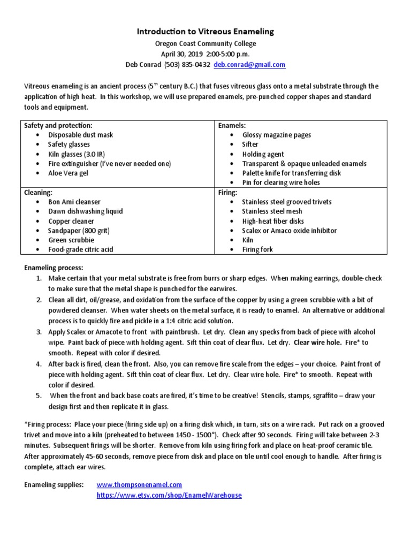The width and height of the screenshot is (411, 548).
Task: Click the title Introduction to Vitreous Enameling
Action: click(205, 32)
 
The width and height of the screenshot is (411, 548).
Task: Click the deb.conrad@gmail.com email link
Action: click(249, 65)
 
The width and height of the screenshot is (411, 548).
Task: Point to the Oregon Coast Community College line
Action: click(205, 44)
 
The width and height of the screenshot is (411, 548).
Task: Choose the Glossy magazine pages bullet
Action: click(276, 135)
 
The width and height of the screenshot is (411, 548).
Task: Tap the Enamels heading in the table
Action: click(232, 125)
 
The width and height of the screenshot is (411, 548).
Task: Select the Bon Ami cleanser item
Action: click(74, 202)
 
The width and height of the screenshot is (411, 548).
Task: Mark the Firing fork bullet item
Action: click(257, 250)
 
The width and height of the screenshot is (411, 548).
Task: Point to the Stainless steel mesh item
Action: click(272, 211)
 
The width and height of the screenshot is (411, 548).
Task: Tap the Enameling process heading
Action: click(54, 268)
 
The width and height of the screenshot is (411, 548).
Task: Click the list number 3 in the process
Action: click(39, 332)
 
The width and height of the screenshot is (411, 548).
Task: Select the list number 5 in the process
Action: click(39, 396)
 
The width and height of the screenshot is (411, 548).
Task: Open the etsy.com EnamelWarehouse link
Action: click(169, 496)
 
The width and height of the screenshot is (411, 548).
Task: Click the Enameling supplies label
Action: click(54, 484)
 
